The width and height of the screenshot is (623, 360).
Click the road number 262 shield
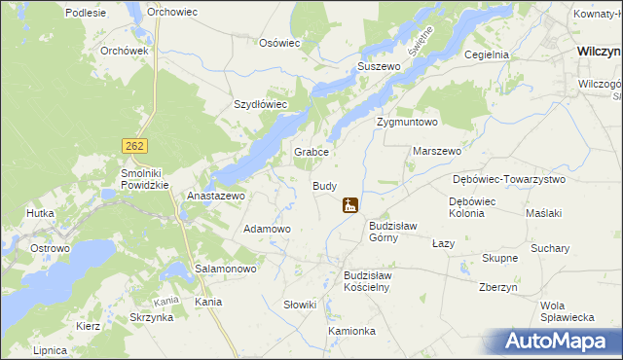click(134, 145)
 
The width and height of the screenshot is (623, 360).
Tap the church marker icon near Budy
click(349, 205)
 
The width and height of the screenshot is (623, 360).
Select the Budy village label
click(324, 186)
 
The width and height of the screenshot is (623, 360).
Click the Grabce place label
click(313, 153)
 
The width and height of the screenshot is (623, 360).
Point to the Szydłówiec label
click(260, 104)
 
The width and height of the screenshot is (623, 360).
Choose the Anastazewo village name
click(214, 196)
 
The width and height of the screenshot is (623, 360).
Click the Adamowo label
click(267, 229)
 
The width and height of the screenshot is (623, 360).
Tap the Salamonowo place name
click(225, 268)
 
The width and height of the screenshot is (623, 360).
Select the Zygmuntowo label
click(407, 123)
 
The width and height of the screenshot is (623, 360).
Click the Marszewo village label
click(437, 152)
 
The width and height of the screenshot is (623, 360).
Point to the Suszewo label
click(380, 66)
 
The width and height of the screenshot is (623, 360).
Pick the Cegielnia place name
click(487, 55)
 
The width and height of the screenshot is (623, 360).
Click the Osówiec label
click(279, 43)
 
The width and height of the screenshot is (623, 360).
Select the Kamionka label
click(351, 331)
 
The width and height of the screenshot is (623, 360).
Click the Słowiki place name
click(300, 305)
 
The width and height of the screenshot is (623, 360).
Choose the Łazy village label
click(443, 243)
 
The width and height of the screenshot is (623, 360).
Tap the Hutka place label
click(40, 212)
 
